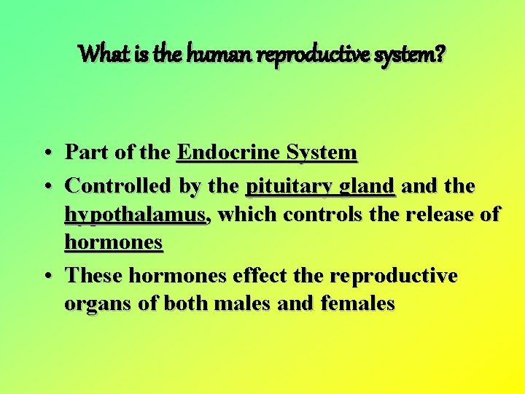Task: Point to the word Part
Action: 86,152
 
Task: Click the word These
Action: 96,276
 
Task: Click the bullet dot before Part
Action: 46,154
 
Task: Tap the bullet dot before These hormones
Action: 46,277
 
